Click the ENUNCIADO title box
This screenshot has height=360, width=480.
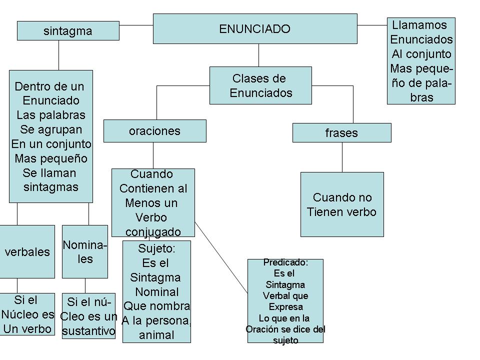click(x=254, y=28)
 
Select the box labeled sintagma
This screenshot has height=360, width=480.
click(x=68, y=30)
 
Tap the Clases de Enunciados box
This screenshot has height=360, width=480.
click(x=260, y=85)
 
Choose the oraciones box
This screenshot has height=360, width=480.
click(x=154, y=131)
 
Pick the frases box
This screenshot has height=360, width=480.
click(x=341, y=133)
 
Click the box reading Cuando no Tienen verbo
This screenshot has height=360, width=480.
click(x=342, y=204)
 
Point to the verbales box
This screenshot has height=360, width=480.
click(x=27, y=252)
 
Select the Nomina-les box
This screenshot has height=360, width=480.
click(x=84, y=251)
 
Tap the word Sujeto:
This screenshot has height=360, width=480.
click(x=157, y=248)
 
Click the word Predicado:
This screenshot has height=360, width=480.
click(x=285, y=263)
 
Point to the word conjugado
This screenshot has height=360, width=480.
click(x=153, y=232)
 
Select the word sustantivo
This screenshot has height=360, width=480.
click(x=88, y=331)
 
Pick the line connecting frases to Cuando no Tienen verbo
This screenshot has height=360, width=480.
click(x=342, y=157)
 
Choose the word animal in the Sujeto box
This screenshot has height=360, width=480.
click(x=156, y=335)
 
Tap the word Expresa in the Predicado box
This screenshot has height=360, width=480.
click(x=285, y=307)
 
